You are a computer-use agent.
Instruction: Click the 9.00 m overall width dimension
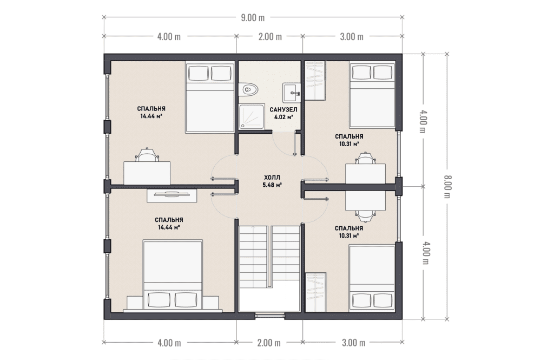click(253, 18)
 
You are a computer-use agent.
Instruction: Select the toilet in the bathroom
click(248, 90)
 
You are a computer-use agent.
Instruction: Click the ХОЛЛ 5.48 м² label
click(272, 181)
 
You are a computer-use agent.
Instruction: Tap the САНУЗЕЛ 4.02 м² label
click(283, 113)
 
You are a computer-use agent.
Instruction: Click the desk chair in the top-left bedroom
click(147, 155)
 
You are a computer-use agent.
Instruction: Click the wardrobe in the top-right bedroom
click(315, 81)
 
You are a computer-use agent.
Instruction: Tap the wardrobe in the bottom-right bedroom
click(316, 292)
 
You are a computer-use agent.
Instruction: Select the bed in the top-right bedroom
click(372, 95)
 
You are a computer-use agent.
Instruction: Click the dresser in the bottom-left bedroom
click(172, 195)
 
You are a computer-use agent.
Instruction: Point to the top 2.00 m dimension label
click(270, 36)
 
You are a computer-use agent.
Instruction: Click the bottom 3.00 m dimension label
click(353, 343)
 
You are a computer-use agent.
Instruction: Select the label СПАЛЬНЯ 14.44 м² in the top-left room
click(151, 113)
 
